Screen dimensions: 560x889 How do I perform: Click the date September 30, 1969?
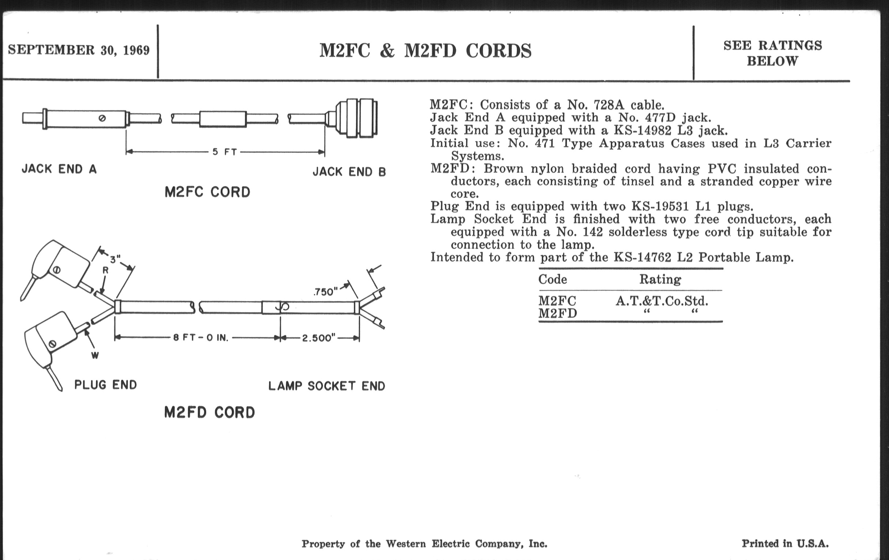coord(79,50)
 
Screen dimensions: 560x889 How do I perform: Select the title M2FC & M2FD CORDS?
coord(425,51)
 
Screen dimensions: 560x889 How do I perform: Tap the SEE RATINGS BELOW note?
coord(772,53)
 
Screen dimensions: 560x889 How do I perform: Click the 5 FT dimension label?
coord(224,152)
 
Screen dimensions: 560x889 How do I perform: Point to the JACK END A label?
coord(59,169)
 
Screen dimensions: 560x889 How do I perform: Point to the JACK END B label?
coord(349,172)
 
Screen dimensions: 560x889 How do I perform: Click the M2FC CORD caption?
coord(207,192)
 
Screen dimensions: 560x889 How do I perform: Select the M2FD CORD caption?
coord(209,412)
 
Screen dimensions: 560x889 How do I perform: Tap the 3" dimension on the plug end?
coord(115,259)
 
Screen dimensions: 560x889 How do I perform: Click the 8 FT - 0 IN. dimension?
coord(201,338)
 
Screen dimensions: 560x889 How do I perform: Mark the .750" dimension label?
coord(325,292)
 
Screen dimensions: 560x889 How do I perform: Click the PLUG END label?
coord(106,385)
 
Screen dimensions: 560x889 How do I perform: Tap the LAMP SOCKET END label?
coord(327,386)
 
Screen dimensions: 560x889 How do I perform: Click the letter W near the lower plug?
coord(95,356)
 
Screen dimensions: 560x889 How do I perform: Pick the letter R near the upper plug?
coord(105,270)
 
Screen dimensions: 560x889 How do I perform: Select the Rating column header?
coord(660,279)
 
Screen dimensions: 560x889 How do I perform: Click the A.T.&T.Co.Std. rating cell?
coord(662,301)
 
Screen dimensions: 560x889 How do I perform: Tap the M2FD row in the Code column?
coord(557,313)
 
